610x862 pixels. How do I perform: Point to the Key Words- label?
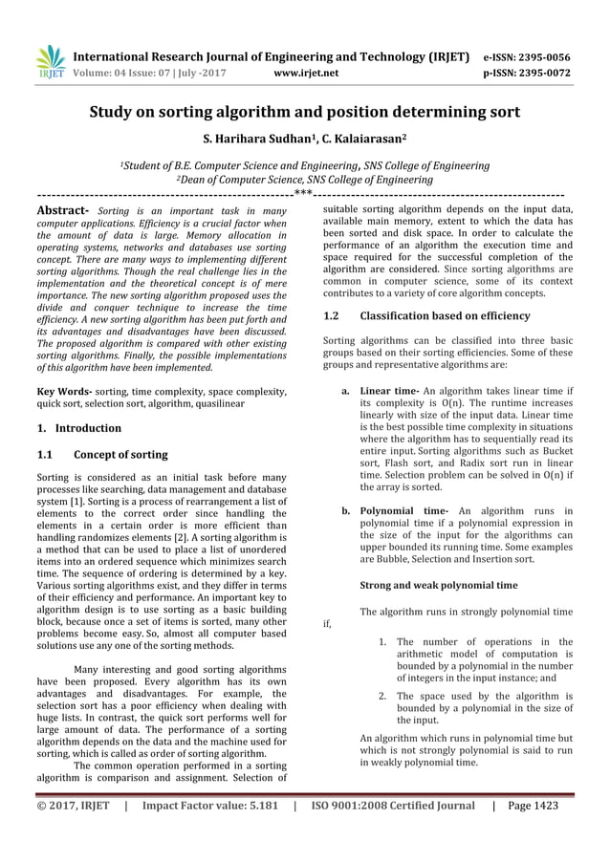click(65, 392)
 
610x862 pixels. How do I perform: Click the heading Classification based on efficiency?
click(441, 315)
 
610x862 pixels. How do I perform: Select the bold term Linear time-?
click(389, 391)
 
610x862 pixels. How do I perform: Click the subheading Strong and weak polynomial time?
click(439, 584)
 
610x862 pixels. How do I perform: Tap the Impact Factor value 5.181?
click(255, 806)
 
